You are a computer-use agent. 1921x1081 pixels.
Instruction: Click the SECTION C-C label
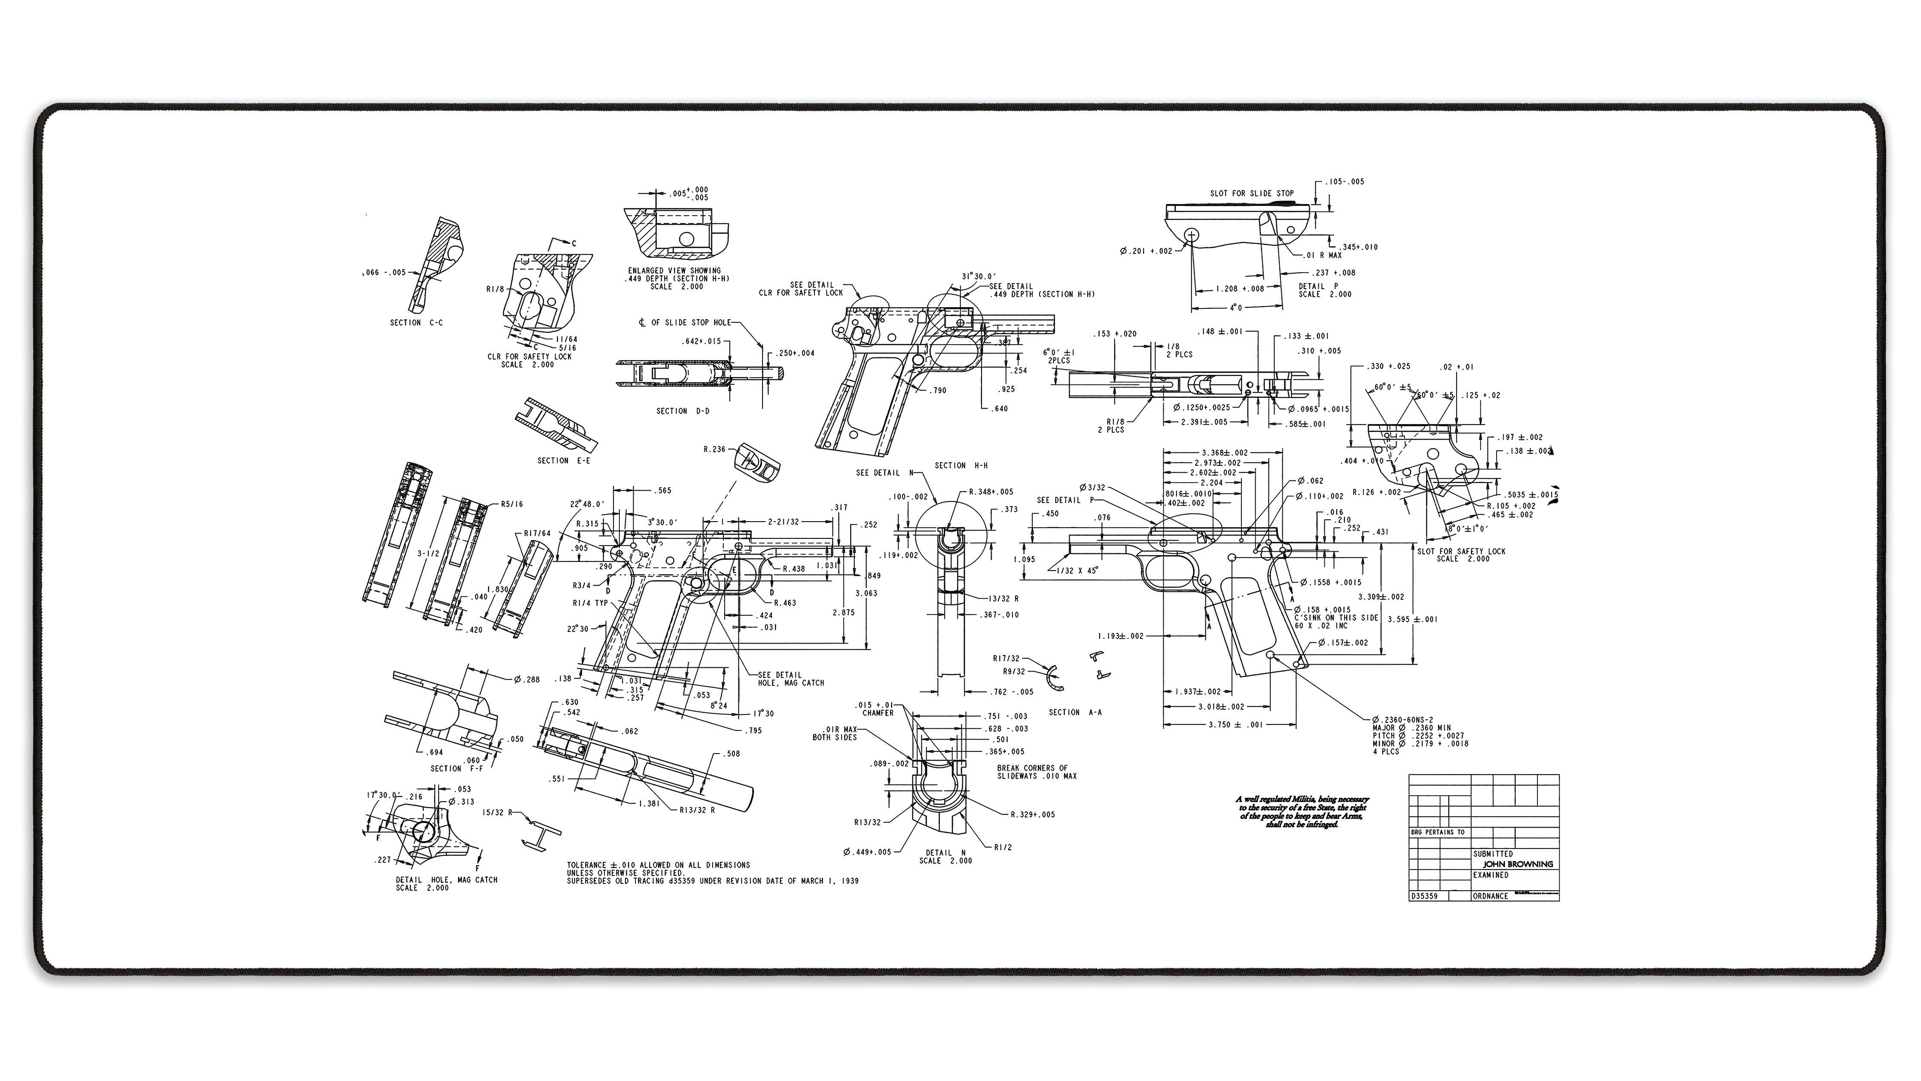[416, 323]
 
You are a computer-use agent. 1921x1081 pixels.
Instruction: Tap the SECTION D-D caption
[682, 411]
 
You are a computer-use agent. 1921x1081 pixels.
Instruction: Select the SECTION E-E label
[563, 461]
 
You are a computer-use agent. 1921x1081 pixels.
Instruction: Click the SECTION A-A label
[1075, 712]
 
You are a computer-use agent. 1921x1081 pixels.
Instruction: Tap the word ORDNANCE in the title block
[1490, 896]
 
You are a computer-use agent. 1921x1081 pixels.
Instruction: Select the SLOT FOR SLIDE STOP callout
[1251, 193]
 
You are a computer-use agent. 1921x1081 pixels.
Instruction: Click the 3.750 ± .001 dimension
[1236, 724]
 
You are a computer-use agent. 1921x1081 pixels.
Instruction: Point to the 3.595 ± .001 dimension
[1412, 619]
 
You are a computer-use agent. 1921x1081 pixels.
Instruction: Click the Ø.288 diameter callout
[527, 680]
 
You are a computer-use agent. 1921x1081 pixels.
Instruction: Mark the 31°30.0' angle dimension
[979, 276]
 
